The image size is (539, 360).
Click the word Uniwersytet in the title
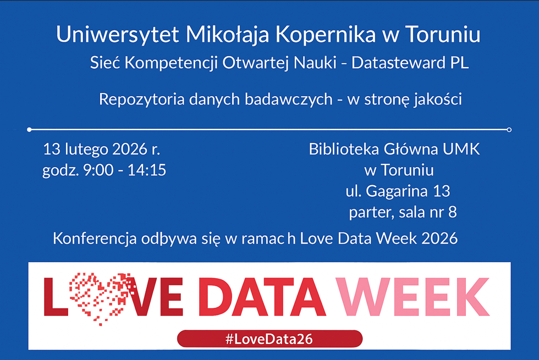pyautogui.click(x=118, y=34)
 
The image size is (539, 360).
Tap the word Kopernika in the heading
pyautogui.click(x=326, y=34)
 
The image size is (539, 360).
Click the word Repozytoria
pyautogui.click(x=142, y=99)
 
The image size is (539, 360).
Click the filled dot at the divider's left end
pyautogui.click(x=30, y=130)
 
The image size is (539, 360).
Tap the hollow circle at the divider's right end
pyautogui.click(x=509, y=130)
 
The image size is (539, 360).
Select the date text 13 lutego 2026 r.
pyautogui.click(x=101, y=149)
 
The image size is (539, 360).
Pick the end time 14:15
pyautogui.click(x=147, y=170)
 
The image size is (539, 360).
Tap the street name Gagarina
pyautogui.click(x=397, y=192)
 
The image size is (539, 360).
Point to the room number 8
pyautogui.click(x=452, y=212)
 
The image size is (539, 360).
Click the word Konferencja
pyautogui.click(x=95, y=239)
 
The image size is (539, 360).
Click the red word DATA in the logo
pyautogui.click(x=262, y=297)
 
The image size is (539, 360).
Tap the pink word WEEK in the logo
pyautogui.click(x=413, y=297)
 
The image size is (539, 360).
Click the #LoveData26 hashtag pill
pyautogui.click(x=269, y=339)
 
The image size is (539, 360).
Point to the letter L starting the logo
pyautogui.click(x=56, y=297)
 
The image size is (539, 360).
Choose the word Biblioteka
pyautogui.click(x=344, y=149)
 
